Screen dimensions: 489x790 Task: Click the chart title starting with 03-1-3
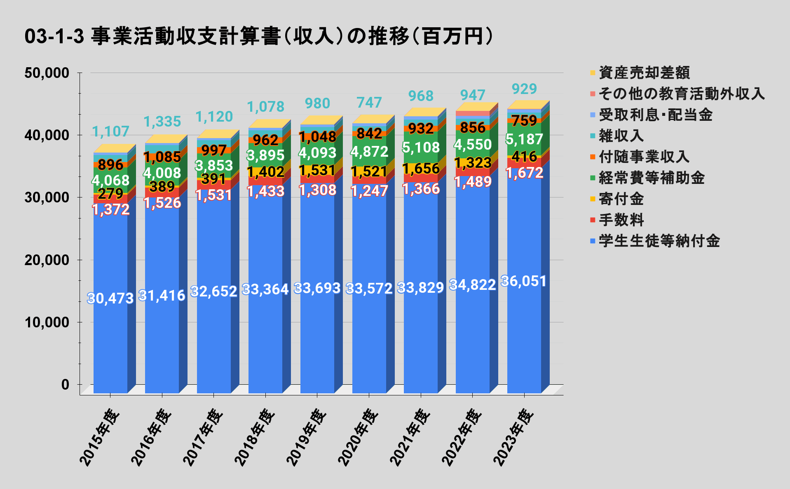(259, 36)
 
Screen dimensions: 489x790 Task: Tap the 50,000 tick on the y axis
(47, 73)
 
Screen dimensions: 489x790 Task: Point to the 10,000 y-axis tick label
(47, 322)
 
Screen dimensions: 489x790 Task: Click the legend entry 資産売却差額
(644, 73)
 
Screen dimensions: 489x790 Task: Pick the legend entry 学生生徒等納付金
(659, 241)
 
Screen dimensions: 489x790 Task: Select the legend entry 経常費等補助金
(652, 178)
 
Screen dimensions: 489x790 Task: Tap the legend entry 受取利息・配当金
(655, 115)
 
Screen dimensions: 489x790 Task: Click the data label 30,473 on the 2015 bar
(110, 298)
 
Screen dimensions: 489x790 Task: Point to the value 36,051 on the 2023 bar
(524, 281)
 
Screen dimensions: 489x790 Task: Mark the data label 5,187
(524, 139)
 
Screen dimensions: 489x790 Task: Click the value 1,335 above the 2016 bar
(162, 122)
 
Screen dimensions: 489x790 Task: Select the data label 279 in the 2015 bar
(110, 193)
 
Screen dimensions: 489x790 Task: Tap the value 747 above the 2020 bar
(369, 103)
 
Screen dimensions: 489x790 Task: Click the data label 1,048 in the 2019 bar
(317, 136)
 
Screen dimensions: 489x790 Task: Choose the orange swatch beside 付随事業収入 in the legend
(593, 157)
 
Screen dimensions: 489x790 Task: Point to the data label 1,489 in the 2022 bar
(473, 181)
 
